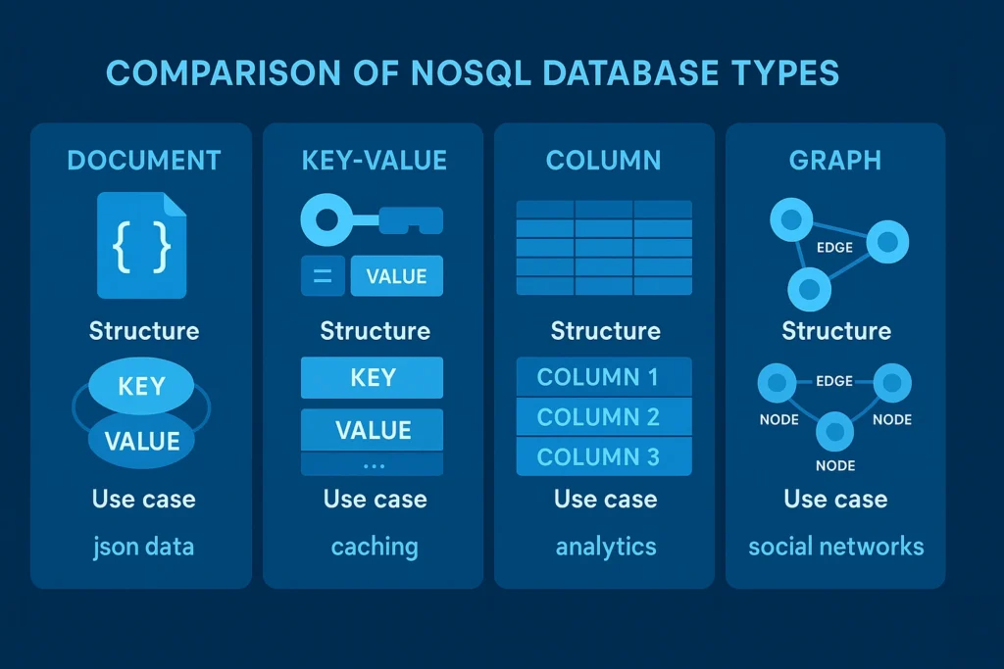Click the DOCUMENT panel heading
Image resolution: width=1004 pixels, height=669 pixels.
point(143,161)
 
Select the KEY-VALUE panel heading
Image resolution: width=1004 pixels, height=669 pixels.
point(374,161)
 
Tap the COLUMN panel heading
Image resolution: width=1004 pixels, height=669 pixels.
point(603,161)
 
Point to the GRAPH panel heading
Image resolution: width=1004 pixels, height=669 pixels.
point(834,161)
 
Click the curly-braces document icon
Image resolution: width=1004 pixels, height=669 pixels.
point(142,246)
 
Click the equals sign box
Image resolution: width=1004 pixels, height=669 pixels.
point(322,276)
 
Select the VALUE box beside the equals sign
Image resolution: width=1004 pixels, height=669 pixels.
point(396,276)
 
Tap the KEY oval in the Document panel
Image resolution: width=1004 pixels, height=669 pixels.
point(141,386)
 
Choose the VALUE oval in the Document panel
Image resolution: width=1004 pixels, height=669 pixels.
point(141,441)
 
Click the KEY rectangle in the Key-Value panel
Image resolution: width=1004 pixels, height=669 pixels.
point(372,377)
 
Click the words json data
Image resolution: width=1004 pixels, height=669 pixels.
point(143,546)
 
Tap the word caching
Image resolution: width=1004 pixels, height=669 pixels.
point(374,546)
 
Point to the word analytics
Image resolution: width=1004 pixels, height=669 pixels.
point(605,546)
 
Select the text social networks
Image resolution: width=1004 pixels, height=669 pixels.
point(835,546)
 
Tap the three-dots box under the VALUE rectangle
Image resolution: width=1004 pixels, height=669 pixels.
point(372,465)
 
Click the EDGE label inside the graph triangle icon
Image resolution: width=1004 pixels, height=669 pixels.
point(833,248)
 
